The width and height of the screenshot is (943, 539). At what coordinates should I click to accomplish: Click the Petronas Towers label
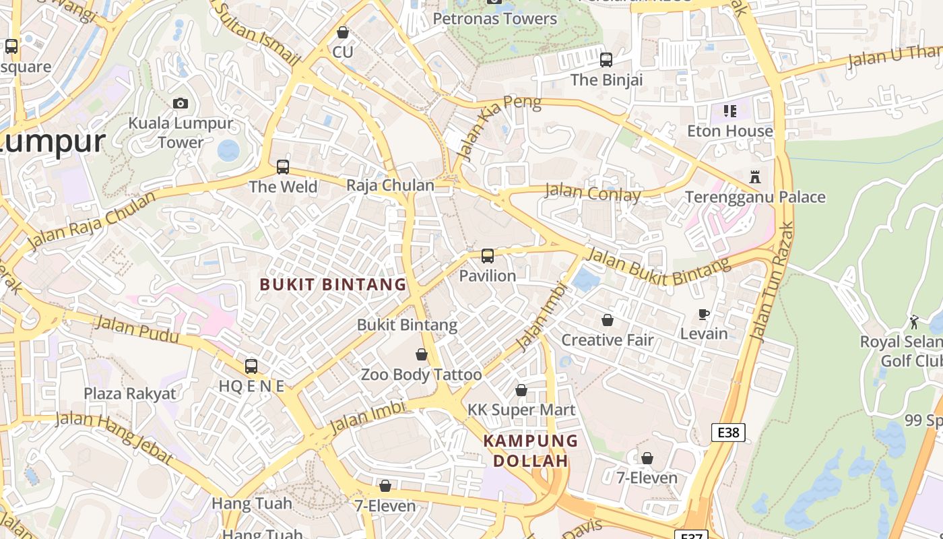(x=495, y=18)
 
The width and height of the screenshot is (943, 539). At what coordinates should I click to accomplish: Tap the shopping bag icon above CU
(x=343, y=32)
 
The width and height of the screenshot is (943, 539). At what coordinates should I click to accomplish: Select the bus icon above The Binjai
(x=606, y=60)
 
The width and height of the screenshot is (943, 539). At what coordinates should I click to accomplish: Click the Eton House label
(x=730, y=131)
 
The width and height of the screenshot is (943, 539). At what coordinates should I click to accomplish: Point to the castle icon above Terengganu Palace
(x=755, y=177)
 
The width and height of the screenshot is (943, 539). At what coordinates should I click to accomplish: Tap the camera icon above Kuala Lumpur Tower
(x=180, y=103)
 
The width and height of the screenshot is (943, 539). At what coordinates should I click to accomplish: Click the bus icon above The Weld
(x=283, y=166)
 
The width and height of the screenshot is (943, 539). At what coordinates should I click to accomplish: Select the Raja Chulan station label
(x=390, y=185)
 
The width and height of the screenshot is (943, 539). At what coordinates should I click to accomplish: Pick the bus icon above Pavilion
(x=488, y=256)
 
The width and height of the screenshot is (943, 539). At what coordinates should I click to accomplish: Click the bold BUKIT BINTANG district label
(x=333, y=284)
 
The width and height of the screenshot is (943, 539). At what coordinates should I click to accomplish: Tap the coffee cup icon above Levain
(x=704, y=314)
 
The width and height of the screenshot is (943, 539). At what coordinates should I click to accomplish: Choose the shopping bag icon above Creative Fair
(x=608, y=320)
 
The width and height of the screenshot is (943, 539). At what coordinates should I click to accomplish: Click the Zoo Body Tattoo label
(x=422, y=375)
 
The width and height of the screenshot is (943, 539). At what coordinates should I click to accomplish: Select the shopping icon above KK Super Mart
(x=521, y=390)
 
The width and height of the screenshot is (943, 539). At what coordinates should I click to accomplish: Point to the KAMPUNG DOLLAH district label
(x=531, y=451)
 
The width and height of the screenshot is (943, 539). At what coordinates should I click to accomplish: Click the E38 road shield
(x=728, y=432)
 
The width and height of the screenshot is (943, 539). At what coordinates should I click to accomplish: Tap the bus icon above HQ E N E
(x=251, y=367)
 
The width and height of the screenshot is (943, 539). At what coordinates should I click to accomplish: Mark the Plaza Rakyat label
(x=129, y=393)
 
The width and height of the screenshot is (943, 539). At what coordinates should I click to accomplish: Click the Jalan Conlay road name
(x=593, y=193)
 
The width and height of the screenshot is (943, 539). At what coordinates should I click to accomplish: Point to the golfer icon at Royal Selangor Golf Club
(x=914, y=322)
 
